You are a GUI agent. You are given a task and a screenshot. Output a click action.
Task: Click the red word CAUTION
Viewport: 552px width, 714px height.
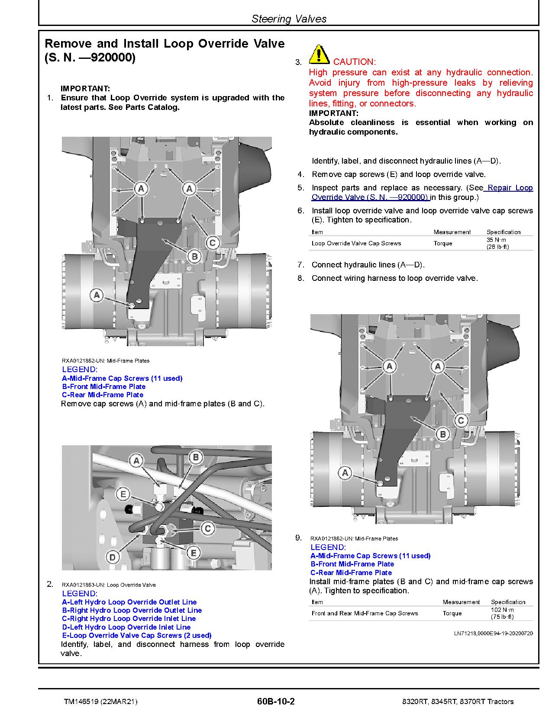tap(354, 62)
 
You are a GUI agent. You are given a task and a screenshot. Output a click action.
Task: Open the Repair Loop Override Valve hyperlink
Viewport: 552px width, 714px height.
tap(422, 193)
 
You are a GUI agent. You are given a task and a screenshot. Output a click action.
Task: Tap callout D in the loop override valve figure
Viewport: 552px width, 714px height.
tap(113, 557)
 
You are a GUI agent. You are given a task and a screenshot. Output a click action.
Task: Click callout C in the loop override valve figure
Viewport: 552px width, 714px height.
tap(208, 528)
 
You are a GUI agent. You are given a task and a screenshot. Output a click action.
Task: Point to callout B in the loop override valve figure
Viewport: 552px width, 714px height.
tap(196, 457)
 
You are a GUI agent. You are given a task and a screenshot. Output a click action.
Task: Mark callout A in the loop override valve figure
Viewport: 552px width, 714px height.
tap(137, 461)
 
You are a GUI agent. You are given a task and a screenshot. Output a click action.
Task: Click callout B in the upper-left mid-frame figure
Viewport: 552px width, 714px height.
tap(195, 257)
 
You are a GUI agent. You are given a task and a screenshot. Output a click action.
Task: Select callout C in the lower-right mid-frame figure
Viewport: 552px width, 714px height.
tap(461, 420)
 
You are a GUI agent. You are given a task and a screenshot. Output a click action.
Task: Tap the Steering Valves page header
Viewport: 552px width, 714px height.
tap(289, 19)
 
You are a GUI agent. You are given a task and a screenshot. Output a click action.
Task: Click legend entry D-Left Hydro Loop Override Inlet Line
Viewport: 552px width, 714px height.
tap(126, 627)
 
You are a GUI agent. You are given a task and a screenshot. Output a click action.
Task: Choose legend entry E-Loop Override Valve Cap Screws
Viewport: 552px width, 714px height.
tap(136, 635)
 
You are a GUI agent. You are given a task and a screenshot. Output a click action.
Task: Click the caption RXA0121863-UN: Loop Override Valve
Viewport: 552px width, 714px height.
tap(109, 585)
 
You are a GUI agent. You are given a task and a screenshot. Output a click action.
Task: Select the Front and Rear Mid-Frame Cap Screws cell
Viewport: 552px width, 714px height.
tap(365, 613)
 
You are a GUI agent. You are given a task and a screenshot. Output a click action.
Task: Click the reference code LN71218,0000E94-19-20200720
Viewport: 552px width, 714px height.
tap(493, 633)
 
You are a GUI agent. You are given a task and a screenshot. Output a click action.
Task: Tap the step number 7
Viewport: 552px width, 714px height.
tap(300, 265)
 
